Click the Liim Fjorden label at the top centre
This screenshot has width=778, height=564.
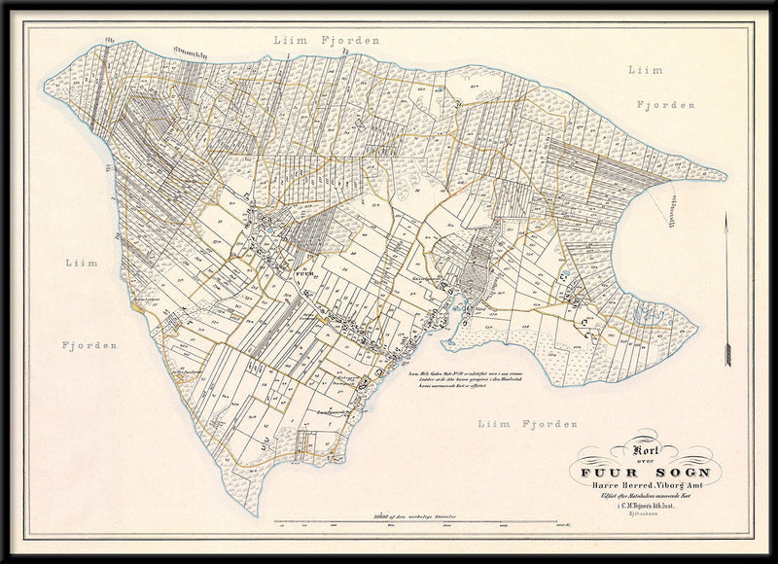coord(326,41)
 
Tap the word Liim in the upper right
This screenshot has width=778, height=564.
coord(645,70)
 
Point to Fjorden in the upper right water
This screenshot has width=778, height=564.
coord(674,104)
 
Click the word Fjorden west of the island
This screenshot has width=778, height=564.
coord(89,345)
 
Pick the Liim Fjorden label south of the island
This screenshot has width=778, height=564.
coord(528,424)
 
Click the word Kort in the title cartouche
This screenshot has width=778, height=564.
coord(646,450)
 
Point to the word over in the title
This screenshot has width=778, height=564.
coord(645,461)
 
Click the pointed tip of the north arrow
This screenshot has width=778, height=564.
coord(727,216)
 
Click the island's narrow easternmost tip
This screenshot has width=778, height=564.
coord(725,177)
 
